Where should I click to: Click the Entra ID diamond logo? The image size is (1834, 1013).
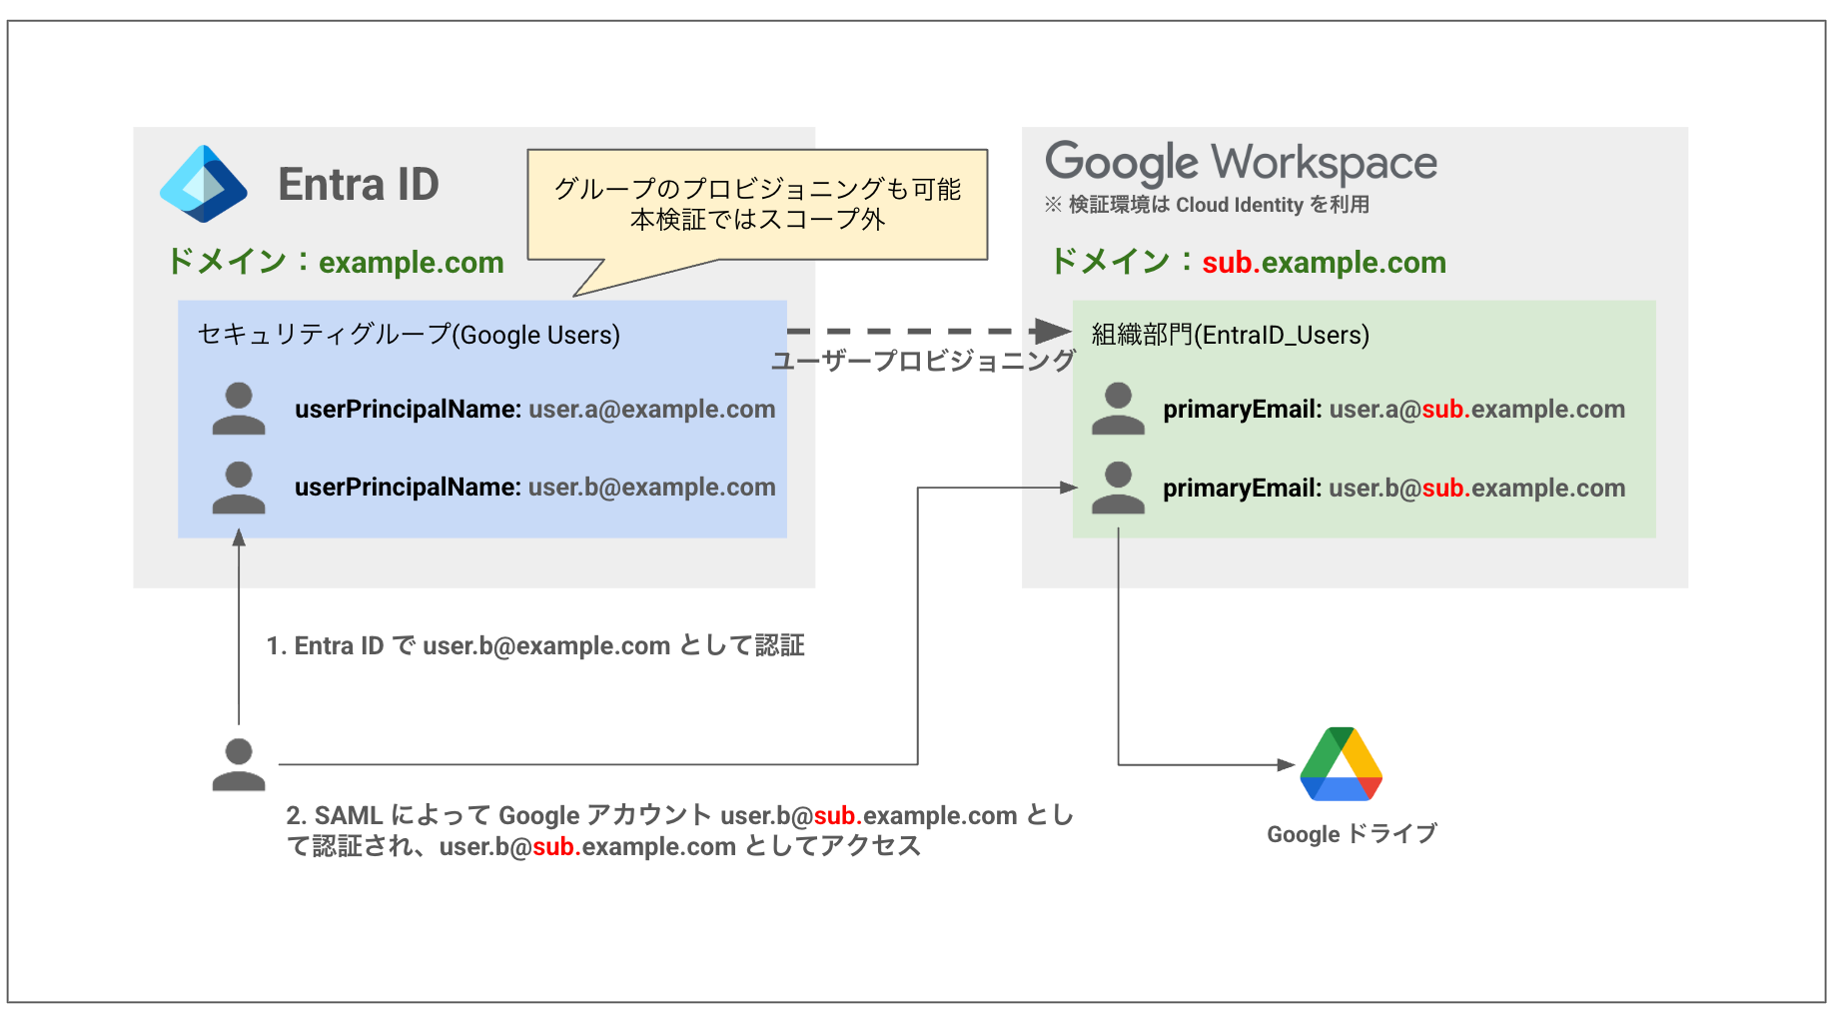pos(204,184)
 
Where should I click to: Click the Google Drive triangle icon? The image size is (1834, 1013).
pos(1341,764)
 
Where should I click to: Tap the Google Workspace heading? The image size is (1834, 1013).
pos(1241,162)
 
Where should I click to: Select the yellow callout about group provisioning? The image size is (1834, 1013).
pos(757,204)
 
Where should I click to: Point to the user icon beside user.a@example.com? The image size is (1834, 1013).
pos(239,409)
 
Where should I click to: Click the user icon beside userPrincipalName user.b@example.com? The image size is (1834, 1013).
pos(239,488)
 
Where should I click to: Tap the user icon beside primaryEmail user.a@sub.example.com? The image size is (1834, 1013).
pos(1118,409)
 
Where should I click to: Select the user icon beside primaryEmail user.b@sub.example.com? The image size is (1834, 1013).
pos(1118,488)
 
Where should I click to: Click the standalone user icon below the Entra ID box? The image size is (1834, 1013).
pos(239,765)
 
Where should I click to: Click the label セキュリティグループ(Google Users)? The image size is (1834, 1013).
pos(409,335)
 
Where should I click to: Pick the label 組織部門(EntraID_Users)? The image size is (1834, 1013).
pos(1230,335)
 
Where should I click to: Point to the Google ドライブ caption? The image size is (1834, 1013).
pos(1352,834)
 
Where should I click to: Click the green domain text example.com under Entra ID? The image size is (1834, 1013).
pos(411,263)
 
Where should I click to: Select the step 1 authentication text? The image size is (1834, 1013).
pos(535,646)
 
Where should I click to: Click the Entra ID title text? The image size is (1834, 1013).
pos(359,185)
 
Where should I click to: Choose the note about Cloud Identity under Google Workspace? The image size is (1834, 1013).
pos(1207,205)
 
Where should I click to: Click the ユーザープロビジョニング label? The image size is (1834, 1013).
pos(923,361)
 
